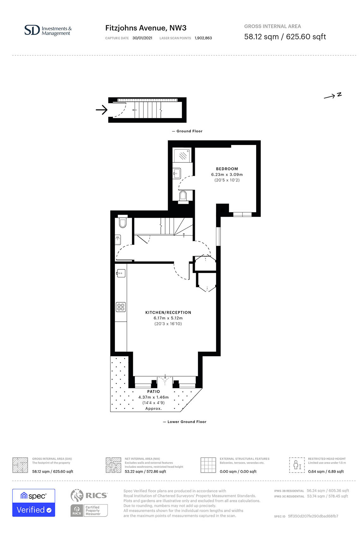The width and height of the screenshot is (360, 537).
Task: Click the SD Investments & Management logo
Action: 48,30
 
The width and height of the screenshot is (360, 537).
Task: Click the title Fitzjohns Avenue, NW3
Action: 146,28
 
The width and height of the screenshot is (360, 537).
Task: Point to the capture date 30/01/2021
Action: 142,38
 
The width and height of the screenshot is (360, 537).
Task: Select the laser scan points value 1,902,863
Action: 203,38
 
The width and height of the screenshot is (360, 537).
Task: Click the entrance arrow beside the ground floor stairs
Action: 102,110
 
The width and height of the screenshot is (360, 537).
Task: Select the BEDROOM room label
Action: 227,169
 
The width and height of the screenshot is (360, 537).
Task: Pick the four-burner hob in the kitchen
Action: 121,307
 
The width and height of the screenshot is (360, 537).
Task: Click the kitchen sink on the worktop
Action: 121,273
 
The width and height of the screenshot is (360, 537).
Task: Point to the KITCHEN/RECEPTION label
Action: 168,312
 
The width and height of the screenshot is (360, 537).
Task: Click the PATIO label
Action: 153,391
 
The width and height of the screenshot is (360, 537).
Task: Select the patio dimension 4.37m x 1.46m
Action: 153,397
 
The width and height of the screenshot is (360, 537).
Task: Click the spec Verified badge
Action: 33,503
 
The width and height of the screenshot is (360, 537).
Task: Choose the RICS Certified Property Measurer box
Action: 89,511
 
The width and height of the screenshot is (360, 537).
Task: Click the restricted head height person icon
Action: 297,465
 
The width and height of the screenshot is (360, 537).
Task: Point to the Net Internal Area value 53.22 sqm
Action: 134,471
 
